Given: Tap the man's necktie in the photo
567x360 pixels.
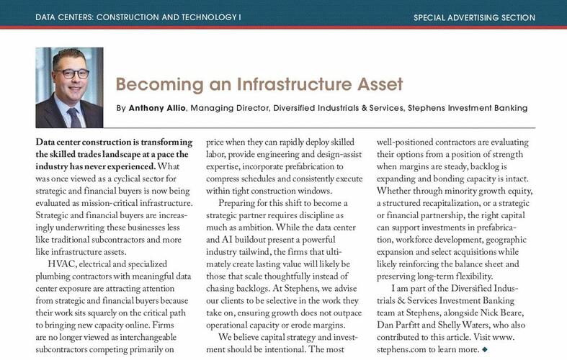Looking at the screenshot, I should (x=74, y=115).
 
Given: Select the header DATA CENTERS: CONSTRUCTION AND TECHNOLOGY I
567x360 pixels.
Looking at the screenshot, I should (x=138, y=17).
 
